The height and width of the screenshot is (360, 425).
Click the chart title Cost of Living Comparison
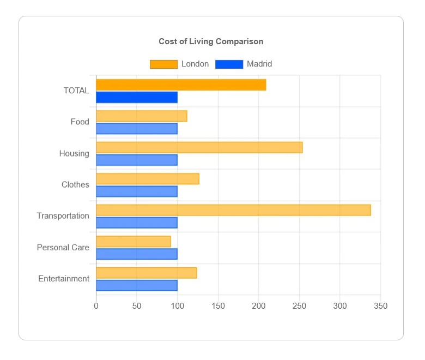(x=211, y=41)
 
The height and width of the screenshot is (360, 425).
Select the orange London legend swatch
(x=163, y=64)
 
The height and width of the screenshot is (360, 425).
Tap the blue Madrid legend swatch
(x=229, y=64)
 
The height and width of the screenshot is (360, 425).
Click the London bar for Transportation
(x=233, y=210)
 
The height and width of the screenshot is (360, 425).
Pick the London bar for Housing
(x=199, y=147)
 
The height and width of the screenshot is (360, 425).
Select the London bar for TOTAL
(x=181, y=85)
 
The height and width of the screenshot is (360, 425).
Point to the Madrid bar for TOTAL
(x=137, y=98)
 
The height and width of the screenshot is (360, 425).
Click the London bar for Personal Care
(x=133, y=242)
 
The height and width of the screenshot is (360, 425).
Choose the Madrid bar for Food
(x=137, y=129)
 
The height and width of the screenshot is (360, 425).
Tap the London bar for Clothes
(x=148, y=179)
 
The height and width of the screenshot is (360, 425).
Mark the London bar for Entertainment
(x=147, y=273)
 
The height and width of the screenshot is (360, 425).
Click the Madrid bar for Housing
(x=137, y=160)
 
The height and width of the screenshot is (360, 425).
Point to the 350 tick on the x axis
(x=380, y=306)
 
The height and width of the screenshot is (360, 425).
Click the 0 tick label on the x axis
(x=96, y=306)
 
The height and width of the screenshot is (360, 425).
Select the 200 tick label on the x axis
(x=259, y=306)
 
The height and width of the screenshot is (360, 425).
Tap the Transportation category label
(x=63, y=216)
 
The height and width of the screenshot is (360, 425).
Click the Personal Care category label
(x=63, y=248)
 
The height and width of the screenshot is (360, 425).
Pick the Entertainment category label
(x=64, y=279)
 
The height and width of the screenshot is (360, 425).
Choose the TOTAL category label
(x=76, y=91)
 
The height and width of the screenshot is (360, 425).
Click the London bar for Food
(x=142, y=116)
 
